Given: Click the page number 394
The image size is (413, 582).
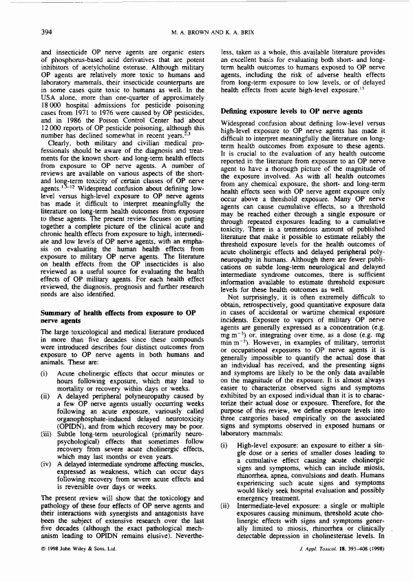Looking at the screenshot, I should tap(47, 32).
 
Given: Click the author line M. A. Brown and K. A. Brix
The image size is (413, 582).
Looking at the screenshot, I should tap(206, 32).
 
